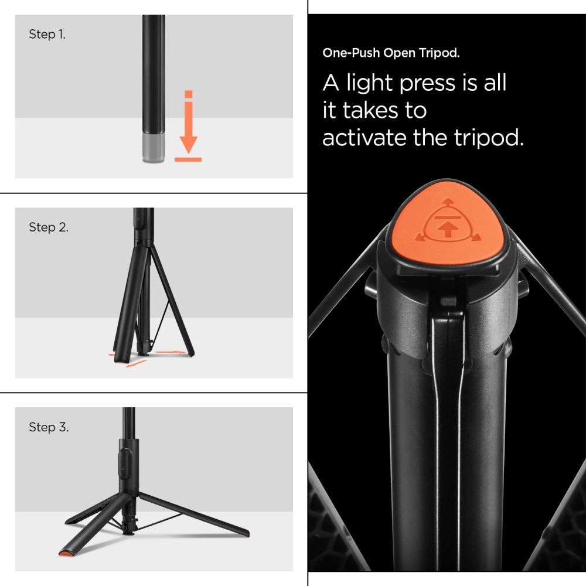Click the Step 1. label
47,35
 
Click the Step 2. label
49,227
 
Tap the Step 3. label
49,427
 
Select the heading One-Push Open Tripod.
391,53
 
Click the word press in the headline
427,83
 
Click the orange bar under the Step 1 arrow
188,159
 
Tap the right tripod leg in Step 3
193,514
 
